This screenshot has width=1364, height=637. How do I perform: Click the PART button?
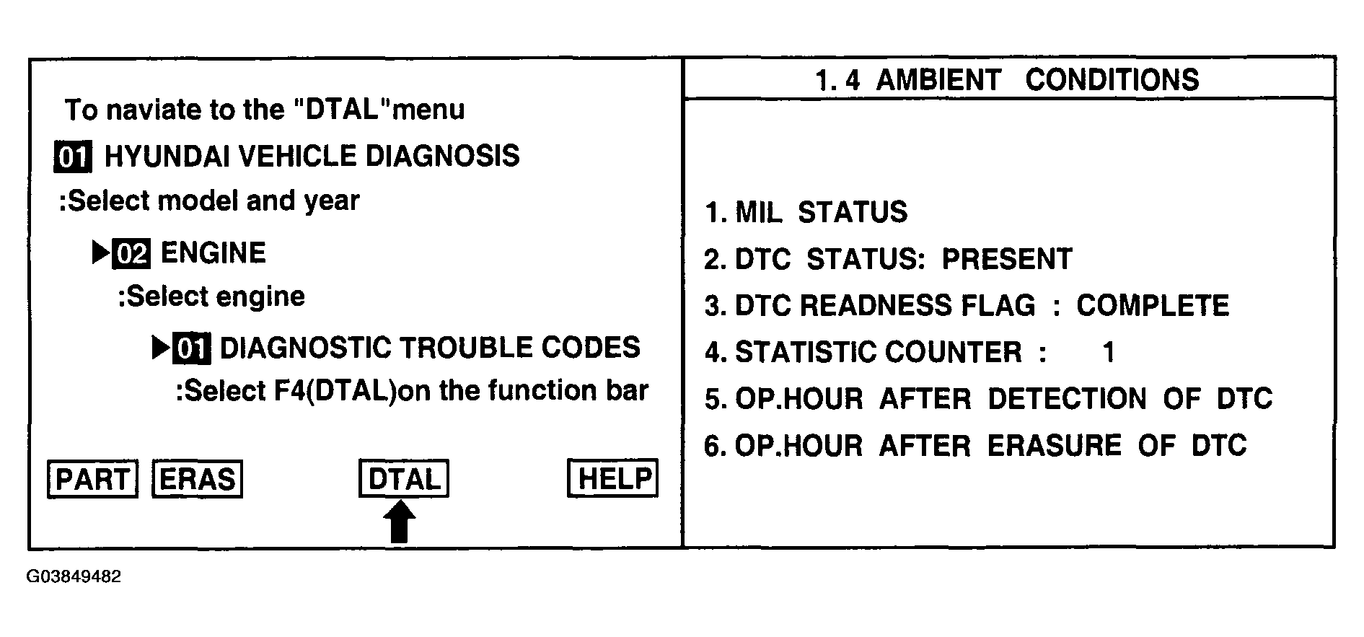coord(92,479)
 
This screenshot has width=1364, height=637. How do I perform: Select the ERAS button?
coord(197,479)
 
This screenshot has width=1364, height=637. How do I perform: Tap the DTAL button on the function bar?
coord(403,478)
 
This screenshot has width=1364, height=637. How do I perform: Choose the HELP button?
coord(613,478)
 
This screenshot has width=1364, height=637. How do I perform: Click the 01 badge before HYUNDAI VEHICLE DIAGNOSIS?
coord(73,157)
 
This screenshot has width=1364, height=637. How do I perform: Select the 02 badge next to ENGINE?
coord(131,254)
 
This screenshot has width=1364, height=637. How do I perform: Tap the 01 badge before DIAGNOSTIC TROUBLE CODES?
coord(193,348)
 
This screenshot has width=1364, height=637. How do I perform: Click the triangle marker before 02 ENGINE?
coord(100,252)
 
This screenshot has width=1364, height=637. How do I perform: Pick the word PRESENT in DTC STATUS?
coord(1007,259)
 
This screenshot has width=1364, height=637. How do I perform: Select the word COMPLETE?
coord(1152,306)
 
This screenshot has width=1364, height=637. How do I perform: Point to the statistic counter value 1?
coord(1109,353)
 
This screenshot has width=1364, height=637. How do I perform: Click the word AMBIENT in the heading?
coord(938,80)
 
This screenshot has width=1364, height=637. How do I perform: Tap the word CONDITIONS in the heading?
coord(1112,80)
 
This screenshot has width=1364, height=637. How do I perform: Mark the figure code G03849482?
coord(74,577)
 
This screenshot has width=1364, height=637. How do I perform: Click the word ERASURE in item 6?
coord(1054,446)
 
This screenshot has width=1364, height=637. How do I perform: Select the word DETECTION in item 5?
coord(1067,399)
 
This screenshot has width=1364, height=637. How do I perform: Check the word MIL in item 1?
coord(757,213)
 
